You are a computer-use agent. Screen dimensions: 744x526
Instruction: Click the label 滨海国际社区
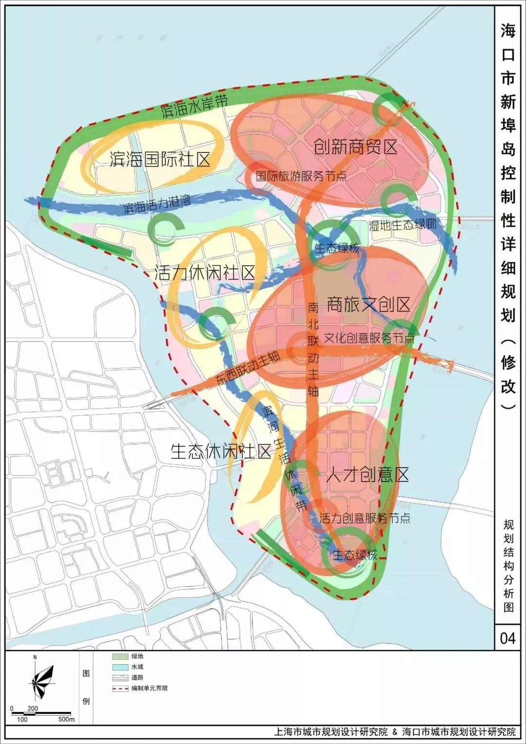[x=160, y=159]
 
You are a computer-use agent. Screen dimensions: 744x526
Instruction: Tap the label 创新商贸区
[x=356, y=146]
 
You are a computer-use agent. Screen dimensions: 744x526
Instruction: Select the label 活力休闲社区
[x=205, y=273]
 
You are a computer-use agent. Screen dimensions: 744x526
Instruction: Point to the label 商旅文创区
[x=368, y=304]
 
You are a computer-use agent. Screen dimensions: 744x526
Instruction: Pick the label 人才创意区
[x=367, y=474]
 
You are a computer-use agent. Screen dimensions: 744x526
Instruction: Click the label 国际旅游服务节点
[x=301, y=176]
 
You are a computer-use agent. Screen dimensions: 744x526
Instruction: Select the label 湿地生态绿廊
[x=402, y=224]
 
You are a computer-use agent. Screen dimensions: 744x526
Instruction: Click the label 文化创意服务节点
[x=369, y=337]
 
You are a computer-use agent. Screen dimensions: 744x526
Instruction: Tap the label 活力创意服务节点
[x=365, y=518]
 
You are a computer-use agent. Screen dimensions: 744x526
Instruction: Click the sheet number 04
[x=507, y=638]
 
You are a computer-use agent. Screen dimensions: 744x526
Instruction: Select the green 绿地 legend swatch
[x=120, y=657]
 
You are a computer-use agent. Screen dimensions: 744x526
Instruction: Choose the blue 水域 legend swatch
[x=120, y=667]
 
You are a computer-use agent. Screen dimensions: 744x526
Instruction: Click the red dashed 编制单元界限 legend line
[x=120, y=688]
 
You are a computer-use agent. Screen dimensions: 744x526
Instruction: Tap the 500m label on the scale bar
[x=66, y=720]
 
